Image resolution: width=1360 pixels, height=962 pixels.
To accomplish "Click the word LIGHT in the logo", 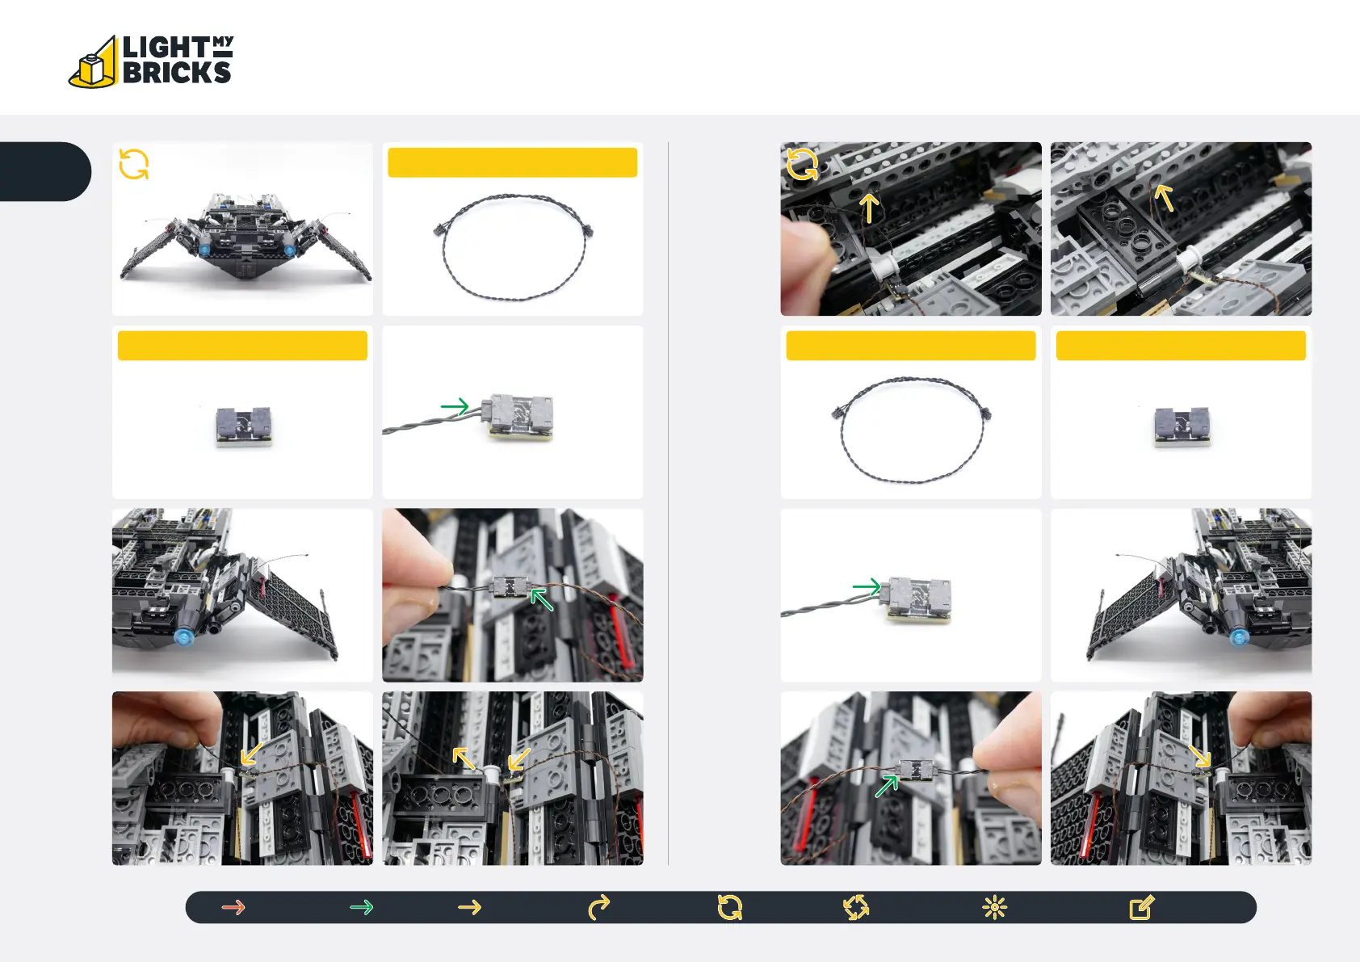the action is coord(166,48).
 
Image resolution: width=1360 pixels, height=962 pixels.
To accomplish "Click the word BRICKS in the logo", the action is coord(177,73).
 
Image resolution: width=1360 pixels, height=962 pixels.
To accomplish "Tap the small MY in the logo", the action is coord(223,41).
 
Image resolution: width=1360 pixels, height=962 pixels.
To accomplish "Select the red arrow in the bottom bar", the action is coord(233,908).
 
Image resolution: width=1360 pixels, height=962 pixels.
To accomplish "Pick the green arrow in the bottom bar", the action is coord(362,908).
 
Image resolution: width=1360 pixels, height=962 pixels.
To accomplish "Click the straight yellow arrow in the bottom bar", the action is coord(469,908).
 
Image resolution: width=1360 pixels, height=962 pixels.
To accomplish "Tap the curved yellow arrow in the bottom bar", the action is coord(598,908).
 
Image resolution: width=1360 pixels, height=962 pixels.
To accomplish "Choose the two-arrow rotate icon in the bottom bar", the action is coord(730,908).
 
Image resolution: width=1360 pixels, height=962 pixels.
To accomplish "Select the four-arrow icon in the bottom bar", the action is coord(856,908).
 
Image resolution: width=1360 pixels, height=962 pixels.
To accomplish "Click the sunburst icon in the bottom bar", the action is coord(994,908).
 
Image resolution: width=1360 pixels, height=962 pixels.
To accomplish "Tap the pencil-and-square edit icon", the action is coord(1141,908).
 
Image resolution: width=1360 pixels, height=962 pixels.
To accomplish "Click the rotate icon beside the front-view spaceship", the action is coord(134,165).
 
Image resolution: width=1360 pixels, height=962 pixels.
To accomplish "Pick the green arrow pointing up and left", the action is coord(542,599).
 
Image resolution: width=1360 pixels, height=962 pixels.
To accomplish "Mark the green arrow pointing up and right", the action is coord(887,786).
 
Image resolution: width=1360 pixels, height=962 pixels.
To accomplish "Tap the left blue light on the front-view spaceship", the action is coord(204,250).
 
